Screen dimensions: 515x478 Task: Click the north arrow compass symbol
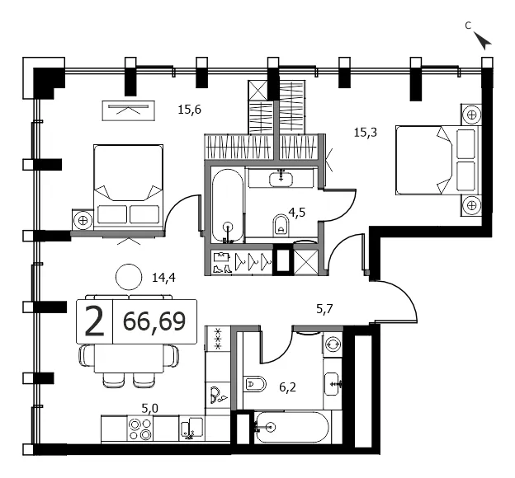(x=483, y=40)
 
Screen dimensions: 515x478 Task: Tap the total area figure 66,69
(x=154, y=321)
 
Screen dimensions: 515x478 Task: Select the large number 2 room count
(x=95, y=321)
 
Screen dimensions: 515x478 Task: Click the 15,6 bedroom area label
(x=190, y=110)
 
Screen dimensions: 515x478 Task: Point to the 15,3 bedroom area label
(x=366, y=133)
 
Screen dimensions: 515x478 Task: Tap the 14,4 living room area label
(x=163, y=278)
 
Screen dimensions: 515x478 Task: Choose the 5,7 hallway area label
(x=325, y=309)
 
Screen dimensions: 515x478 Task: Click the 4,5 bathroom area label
(x=297, y=213)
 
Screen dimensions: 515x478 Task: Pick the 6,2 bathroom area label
(x=288, y=387)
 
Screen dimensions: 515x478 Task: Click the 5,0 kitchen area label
(x=149, y=409)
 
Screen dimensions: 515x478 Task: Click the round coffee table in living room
(x=129, y=277)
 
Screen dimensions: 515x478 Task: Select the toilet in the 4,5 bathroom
(x=281, y=225)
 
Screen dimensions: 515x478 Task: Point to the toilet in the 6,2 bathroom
(x=255, y=383)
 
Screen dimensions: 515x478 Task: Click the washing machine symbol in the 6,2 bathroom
(x=333, y=344)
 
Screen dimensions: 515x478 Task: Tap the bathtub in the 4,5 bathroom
(x=228, y=206)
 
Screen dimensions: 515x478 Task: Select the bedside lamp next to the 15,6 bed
(x=83, y=220)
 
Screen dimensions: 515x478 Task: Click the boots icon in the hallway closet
(x=222, y=269)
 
